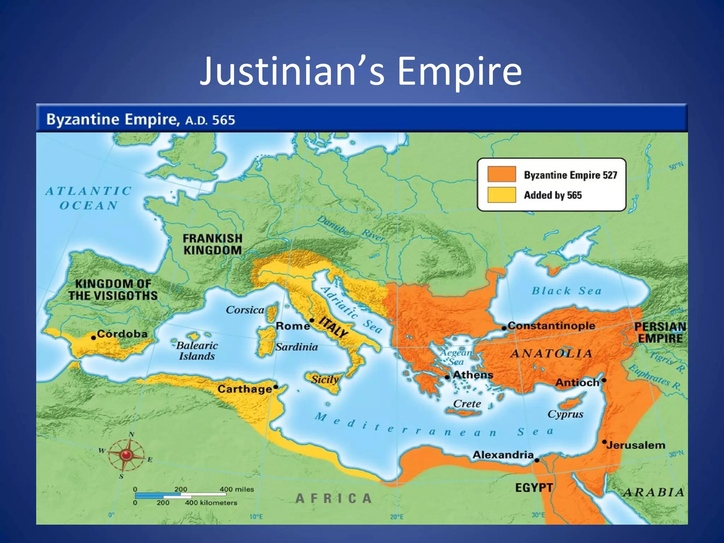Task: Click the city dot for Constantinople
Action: [x=504, y=328]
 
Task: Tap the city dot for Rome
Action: [x=312, y=320]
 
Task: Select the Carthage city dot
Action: [x=276, y=387]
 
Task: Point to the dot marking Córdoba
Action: [x=93, y=338]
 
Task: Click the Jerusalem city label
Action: [x=636, y=445]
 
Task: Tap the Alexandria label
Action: [x=503, y=455]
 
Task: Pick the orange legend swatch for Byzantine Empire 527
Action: [x=501, y=174]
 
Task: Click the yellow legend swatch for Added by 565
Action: [x=501, y=195]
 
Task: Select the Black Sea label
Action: [x=566, y=291]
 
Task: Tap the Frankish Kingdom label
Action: [x=212, y=244]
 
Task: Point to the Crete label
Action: [x=467, y=404]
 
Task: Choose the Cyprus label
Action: [x=565, y=414]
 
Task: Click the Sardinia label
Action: [x=297, y=347]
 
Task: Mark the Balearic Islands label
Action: [x=197, y=351]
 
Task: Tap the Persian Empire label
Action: [x=660, y=332]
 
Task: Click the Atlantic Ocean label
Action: [x=88, y=198]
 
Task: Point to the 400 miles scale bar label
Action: [x=237, y=489]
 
